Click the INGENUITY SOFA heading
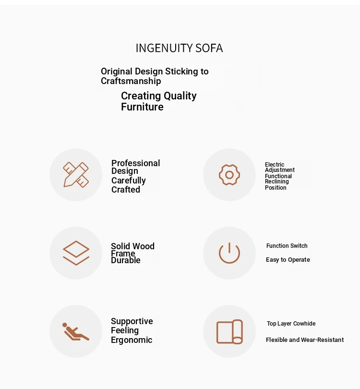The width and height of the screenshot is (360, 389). pyautogui.click(x=179, y=48)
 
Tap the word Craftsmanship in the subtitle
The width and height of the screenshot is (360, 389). pyautogui.click(x=131, y=81)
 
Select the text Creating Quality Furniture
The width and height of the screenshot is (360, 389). pyautogui.click(x=158, y=101)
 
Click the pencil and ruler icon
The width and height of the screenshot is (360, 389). pyautogui.click(x=76, y=175)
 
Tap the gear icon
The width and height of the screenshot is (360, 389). pyautogui.click(x=229, y=175)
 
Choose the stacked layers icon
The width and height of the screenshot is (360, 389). pyautogui.click(x=76, y=253)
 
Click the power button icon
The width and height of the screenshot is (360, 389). pyautogui.click(x=229, y=253)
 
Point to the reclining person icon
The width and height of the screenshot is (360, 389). pyautogui.click(x=76, y=331)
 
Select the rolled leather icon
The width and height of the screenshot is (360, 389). pyautogui.click(x=229, y=331)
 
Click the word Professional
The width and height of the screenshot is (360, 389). pyautogui.click(x=135, y=163)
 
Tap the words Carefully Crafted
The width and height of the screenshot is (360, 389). pyautogui.click(x=128, y=185)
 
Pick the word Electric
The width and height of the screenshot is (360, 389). pyautogui.click(x=275, y=165)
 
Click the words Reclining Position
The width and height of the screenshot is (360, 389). pyautogui.click(x=276, y=184)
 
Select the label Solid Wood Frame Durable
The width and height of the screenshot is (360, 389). pyautogui.click(x=132, y=253)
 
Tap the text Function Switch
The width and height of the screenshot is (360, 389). pyautogui.click(x=287, y=246)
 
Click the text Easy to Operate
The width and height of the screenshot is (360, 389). pyautogui.click(x=288, y=260)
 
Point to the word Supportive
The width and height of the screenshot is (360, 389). pyautogui.click(x=132, y=321)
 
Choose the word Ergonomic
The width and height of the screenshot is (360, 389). pyautogui.click(x=131, y=340)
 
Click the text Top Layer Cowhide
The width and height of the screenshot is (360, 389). pyautogui.click(x=291, y=324)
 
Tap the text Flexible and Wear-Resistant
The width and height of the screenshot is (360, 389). pyautogui.click(x=304, y=340)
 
